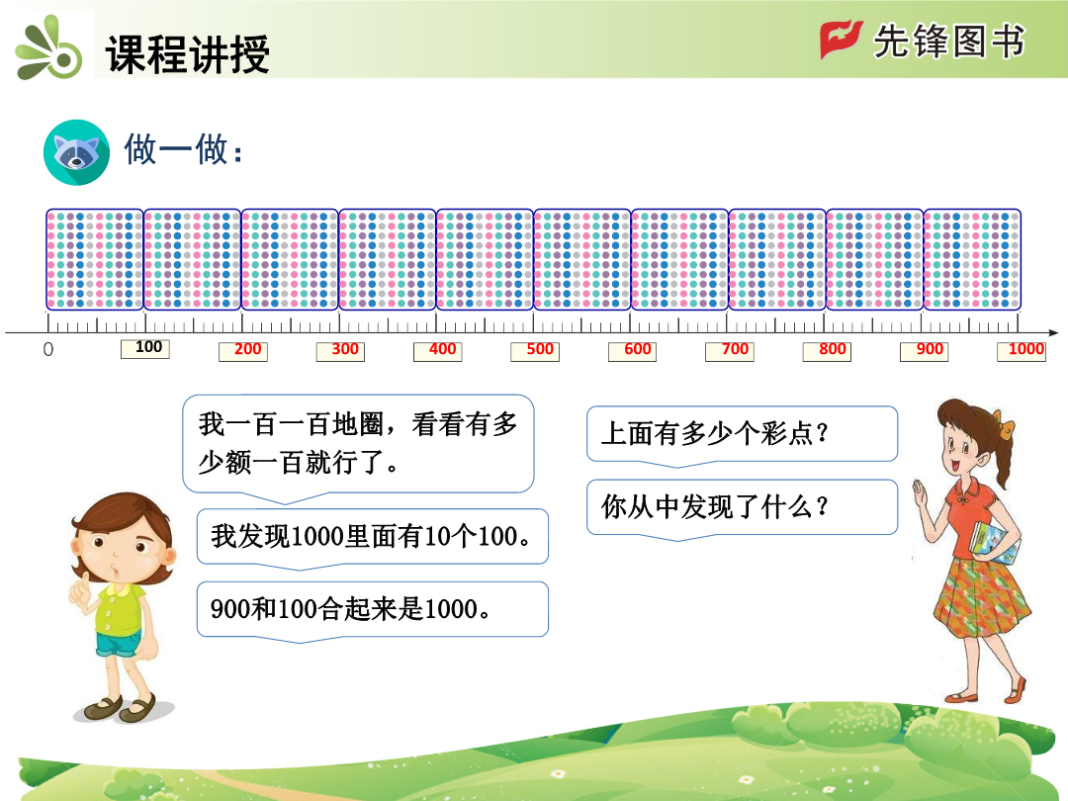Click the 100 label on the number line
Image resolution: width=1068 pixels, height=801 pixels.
(145, 348)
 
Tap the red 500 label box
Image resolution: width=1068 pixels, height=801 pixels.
(535, 351)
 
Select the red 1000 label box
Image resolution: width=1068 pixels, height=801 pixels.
(1022, 351)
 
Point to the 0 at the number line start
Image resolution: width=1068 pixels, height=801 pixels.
(47, 349)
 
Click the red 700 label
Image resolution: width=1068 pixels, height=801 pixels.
(730, 351)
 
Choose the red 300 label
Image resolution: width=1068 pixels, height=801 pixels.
(340, 351)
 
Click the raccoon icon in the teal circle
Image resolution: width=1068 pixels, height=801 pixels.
(76, 152)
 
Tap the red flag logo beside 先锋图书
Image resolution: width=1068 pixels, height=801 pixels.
(842, 40)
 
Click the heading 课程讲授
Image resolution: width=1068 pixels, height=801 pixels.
(188, 53)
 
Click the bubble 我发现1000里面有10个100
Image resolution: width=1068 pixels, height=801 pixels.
(373, 538)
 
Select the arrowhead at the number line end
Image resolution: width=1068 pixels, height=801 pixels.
(1053, 333)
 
